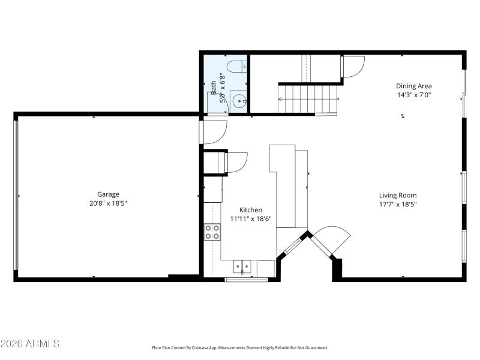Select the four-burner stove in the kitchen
212,232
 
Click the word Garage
108,194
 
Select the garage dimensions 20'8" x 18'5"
108,203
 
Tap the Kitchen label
250,210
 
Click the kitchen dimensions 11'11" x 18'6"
250,219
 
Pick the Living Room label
397,196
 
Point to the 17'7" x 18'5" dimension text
397,205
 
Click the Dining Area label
413,86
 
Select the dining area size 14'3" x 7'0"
413,95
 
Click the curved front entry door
331,239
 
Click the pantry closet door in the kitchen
236,162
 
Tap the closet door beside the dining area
353,67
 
